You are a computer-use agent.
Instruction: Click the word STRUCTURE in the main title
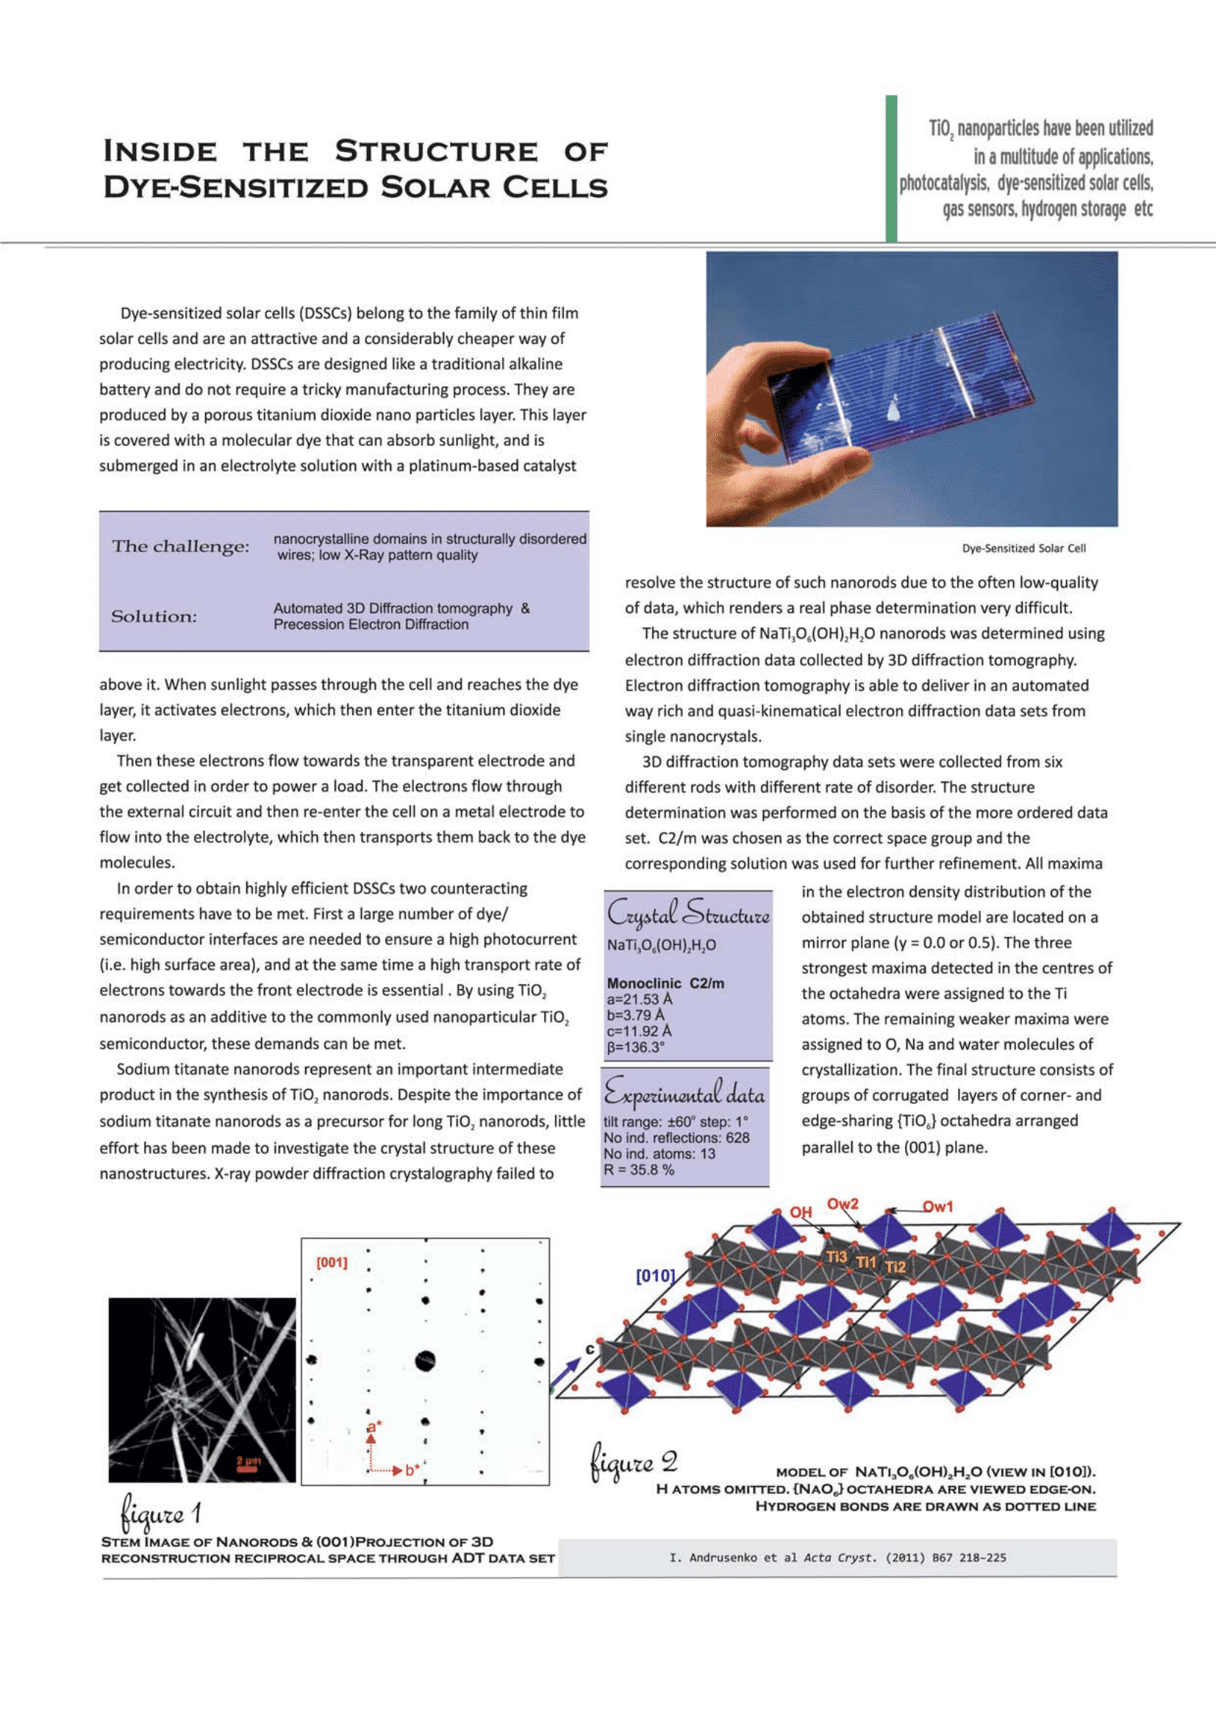point(436,151)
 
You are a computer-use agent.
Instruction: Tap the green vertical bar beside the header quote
point(891,168)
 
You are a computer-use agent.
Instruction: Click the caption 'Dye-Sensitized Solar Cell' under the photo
point(1023,548)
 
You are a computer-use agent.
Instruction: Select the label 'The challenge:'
point(180,547)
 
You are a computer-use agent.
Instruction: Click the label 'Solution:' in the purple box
point(154,616)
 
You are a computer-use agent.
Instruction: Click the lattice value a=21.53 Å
point(640,999)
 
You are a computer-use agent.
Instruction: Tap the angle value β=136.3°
point(636,1047)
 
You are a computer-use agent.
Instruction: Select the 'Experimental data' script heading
point(684,1094)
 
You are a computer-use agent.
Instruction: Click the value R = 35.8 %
point(639,1169)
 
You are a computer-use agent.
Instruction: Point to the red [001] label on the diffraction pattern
point(332,1263)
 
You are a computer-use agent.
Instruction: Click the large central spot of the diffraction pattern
point(425,1360)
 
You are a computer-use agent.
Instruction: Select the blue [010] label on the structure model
point(655,1275)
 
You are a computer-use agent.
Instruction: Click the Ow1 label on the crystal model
point(937,1206)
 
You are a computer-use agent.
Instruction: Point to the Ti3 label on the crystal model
point(837,1256)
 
